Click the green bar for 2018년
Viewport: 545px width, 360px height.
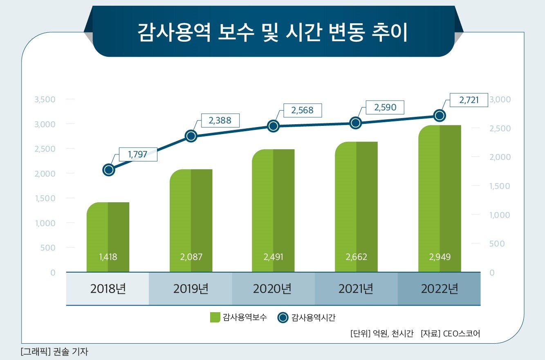(108, 237)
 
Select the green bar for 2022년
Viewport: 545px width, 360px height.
(440, 198)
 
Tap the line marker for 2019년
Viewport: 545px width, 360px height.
(191, 136)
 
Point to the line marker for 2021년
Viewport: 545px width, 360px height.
(356, 123)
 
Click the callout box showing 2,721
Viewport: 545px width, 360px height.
(469, 100)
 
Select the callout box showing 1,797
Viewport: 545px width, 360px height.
(137, 154)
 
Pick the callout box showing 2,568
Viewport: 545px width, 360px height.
(303, 110)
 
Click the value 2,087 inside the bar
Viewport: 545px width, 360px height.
(191, 257)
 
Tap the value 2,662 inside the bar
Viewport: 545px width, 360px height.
(356, 257)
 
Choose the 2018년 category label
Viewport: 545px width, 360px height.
(108, 289)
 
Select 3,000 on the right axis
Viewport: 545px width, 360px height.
(500, 100)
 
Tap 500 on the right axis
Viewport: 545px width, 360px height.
(497, 244)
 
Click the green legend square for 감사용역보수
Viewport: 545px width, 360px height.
(215, 318)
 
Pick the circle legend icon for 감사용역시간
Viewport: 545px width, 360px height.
(283, 318)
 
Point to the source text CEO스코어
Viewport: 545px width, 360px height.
(461, 333)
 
